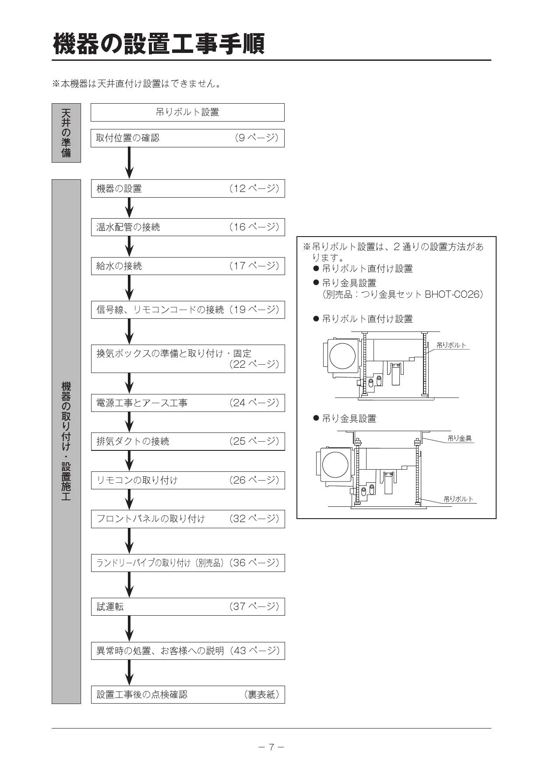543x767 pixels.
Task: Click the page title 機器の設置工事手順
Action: [x=159, y=44]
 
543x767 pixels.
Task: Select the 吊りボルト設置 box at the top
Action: [x=187, y=112]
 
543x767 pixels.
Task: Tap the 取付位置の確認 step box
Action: [x=187, y=138]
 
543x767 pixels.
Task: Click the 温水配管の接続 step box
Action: [x=188, y=227]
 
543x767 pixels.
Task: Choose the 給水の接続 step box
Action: [x=188, y=266]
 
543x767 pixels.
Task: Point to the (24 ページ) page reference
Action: [x=254, y=403]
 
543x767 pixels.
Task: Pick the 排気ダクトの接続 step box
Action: [x=188, y=441]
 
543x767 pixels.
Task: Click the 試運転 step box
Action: [x=188, y=607]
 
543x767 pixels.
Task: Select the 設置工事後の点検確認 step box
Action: [x=188, y=694]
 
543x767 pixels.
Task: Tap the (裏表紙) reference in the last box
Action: [x=261, y=694]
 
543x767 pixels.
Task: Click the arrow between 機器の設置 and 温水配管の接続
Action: [x=129, y=208]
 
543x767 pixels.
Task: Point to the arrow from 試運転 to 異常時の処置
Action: [x=129, y=629]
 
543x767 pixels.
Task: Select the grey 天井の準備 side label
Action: [x=66, y=133]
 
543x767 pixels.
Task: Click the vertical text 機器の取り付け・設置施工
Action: [x=66, y=441]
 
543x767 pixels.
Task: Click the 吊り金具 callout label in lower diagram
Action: [x=459, y=438]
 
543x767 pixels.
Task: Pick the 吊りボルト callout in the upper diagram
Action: [x=451, y=345]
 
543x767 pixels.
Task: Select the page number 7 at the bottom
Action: [x=271, y=747]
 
